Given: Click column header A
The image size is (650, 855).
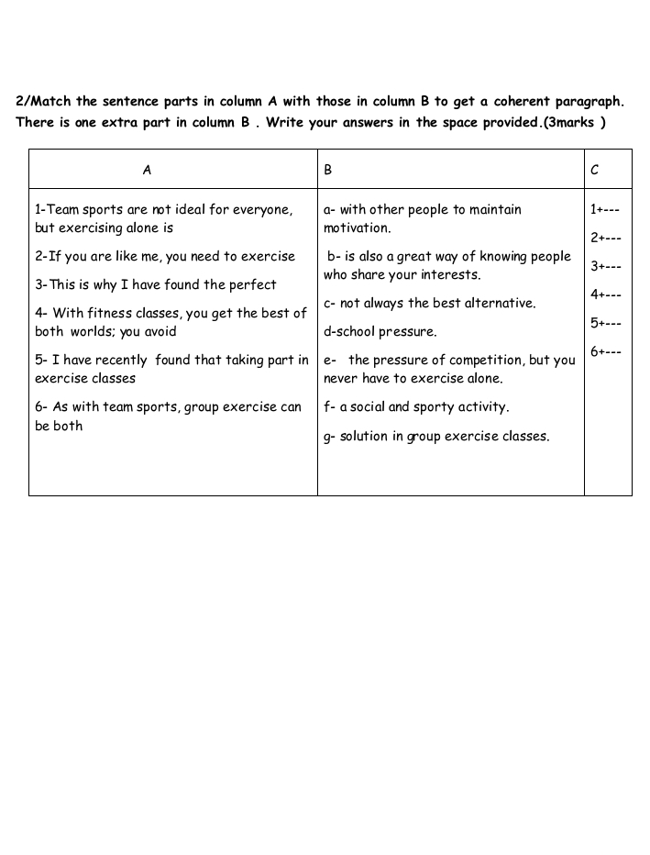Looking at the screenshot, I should (147, 170).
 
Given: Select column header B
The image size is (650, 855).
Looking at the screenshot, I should (328, 170).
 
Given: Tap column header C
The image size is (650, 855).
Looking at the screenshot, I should (595, 170).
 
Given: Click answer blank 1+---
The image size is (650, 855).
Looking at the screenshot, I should (605, 209).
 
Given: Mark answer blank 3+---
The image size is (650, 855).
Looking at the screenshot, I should (605, 266).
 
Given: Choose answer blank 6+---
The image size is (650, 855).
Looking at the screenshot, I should (605, 351).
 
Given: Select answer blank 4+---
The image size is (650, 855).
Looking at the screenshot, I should (605, 294).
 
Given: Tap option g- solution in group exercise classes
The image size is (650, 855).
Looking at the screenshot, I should (436, 436).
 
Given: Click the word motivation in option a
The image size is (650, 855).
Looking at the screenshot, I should (357, 228).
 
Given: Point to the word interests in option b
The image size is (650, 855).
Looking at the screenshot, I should (449, 275).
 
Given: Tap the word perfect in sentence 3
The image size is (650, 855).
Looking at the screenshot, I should (250, 284).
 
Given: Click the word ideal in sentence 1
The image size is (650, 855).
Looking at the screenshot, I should (185, 209).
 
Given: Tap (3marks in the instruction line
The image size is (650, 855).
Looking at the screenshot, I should (568, 123).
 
